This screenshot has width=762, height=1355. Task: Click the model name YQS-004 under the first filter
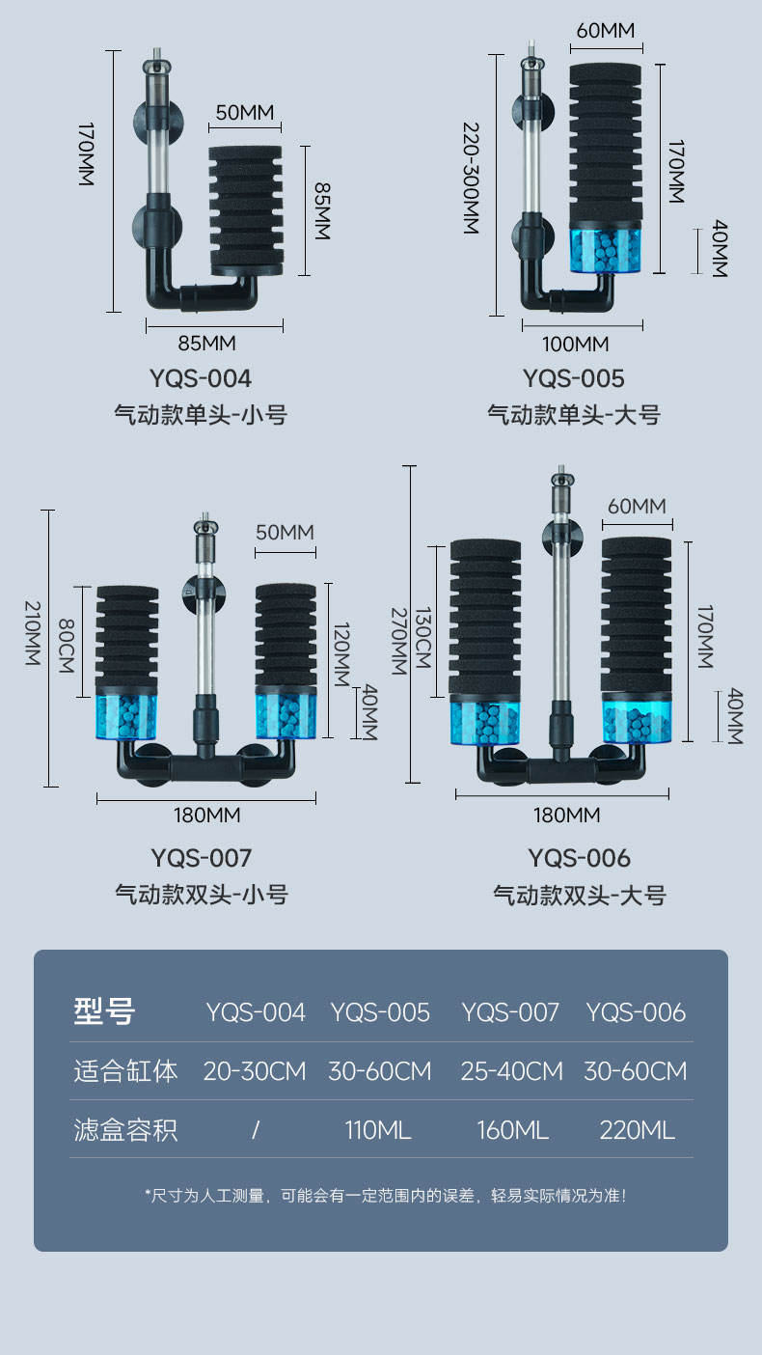[x=201, y=377]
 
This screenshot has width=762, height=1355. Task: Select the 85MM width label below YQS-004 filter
[x=206, y=343]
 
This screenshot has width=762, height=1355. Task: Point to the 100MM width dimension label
[x=575, y=344]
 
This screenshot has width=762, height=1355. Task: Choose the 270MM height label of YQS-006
[x=396, y=640]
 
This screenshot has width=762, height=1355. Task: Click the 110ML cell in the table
[x=378, y=1130]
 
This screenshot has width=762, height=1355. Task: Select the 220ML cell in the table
[x=637, y=1130]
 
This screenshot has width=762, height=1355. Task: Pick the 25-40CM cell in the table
[x=511, y=1071]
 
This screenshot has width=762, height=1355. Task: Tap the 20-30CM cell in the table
[x=255, y=1071]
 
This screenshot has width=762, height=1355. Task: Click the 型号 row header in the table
[x=104, y=1011]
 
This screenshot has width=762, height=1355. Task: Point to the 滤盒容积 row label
[x=125, y=1130]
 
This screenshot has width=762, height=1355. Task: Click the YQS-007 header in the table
[x=510, y=1012]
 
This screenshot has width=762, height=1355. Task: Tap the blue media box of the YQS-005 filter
[x=605, y=248]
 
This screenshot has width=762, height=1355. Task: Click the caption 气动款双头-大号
[x=580, y=895]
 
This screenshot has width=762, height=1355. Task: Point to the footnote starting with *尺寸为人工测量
[x=385, y=1196]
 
